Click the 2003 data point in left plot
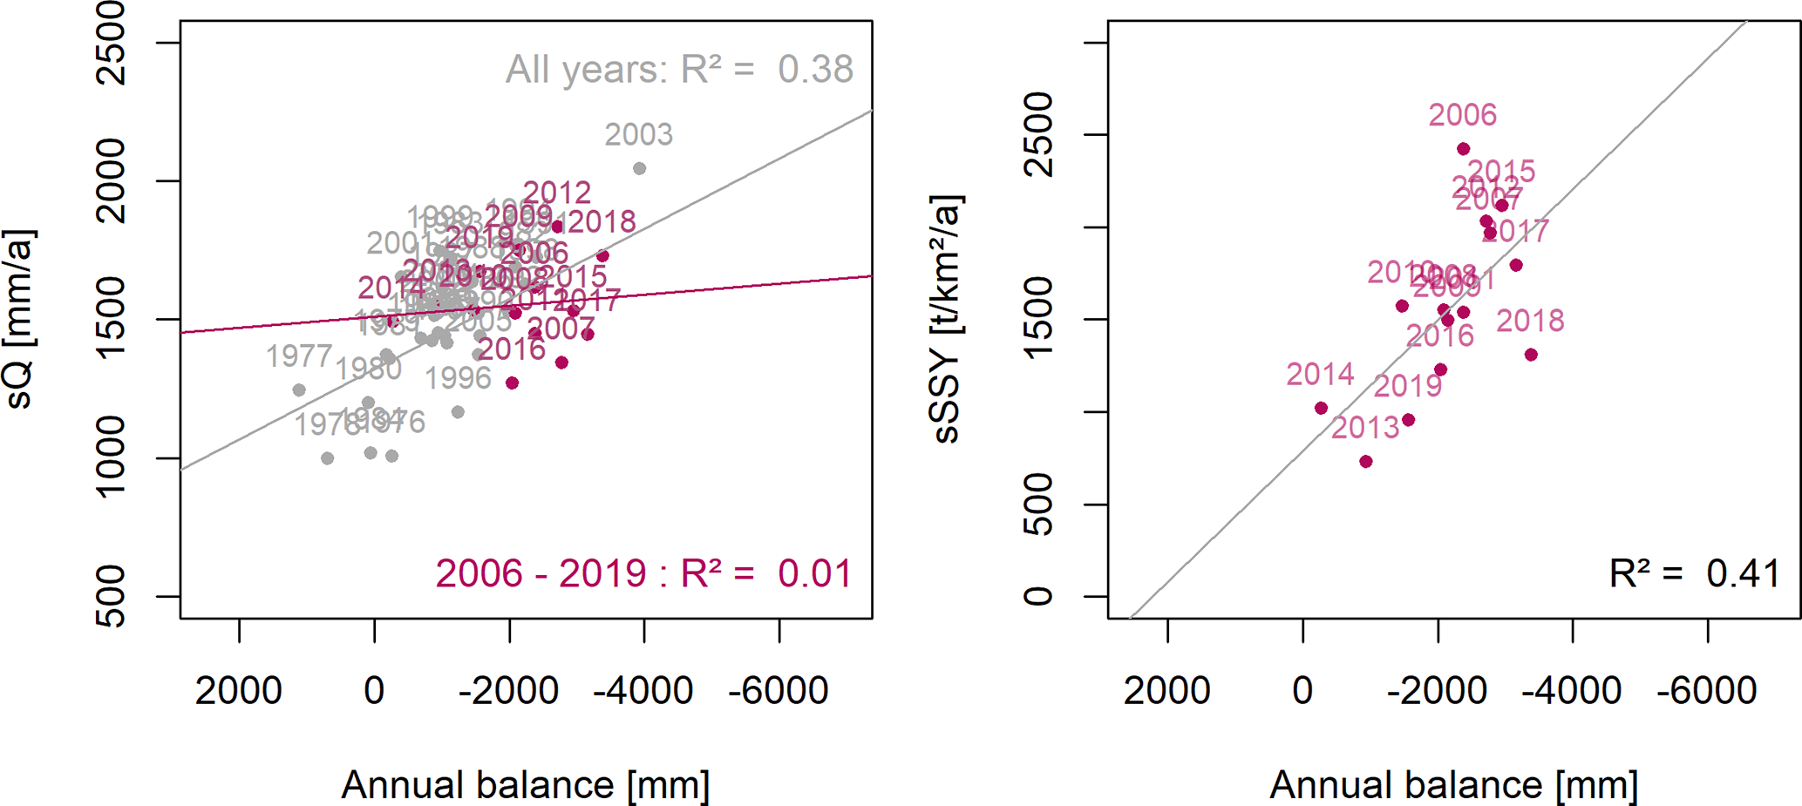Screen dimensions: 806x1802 tap(639, 168)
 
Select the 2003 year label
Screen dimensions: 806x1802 tap(639, 135)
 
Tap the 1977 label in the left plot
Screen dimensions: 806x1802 tap(299, 356)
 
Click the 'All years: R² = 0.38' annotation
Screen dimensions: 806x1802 tap(679, 70)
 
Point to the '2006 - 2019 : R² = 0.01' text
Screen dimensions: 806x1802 tap(643, 573)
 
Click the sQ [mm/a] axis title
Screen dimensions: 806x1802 tap(19, 319)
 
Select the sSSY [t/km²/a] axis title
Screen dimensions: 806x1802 tap(947, 319)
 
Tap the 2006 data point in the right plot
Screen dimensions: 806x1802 tap(1464, 149)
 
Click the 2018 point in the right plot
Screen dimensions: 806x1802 tap(1531, 355)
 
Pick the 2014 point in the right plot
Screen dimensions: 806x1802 tap(1321, 408)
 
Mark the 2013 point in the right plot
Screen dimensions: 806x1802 tap(1366, 462)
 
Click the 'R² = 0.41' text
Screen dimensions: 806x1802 tap(1694, 573)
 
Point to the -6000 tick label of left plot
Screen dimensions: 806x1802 tap(779, 691)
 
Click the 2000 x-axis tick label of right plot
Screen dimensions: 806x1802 tap(1166, 691)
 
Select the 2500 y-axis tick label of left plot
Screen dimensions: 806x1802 tap(112, 43)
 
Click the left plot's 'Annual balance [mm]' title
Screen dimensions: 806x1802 tap(525, 785)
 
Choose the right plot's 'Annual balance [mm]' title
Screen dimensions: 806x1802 tap(1453, 785)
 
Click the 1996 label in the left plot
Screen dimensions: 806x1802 tap(459, 379)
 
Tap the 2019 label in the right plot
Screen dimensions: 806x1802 tap(1408, 386)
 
